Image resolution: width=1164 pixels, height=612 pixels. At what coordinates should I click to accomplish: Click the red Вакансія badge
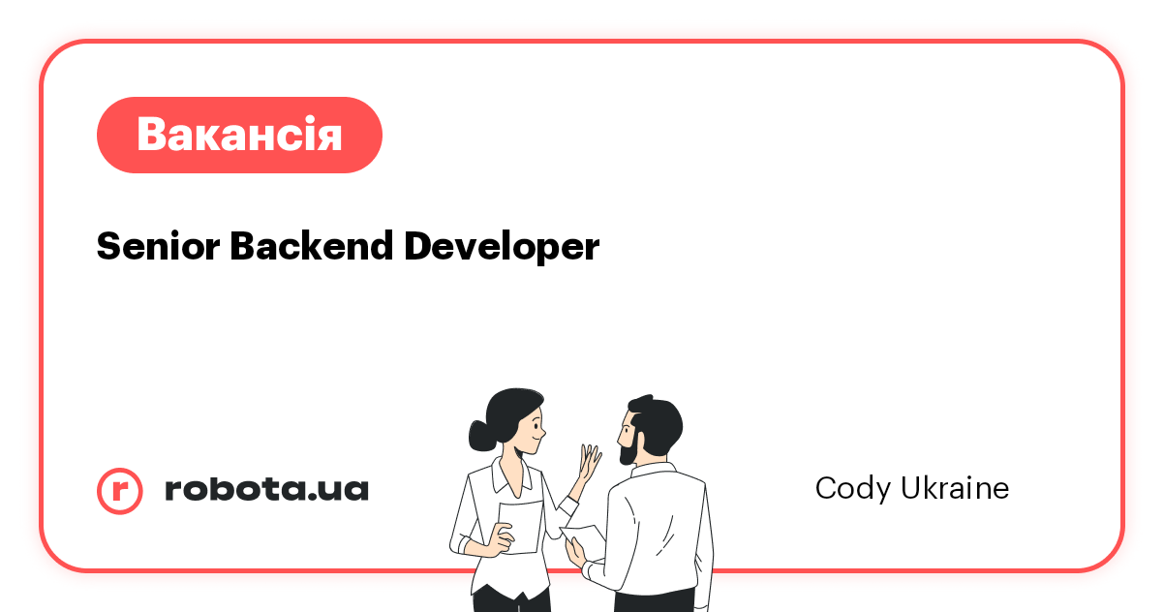pos(239,135)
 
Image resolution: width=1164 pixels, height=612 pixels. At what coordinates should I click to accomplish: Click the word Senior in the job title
pos(157,247)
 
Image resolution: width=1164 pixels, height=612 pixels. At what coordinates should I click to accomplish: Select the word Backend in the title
pos(310,247)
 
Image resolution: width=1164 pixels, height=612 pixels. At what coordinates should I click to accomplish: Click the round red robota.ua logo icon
pos(119,490)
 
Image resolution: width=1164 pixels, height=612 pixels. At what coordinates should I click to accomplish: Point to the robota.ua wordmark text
pos(266,489)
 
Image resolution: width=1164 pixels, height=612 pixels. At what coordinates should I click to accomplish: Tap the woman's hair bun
pos(480,435)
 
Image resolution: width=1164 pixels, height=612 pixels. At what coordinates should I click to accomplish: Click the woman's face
pos(529,432)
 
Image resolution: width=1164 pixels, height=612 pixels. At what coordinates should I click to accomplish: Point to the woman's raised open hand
pos(588,462)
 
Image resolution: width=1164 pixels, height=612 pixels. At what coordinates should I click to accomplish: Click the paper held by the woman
pos(520,527)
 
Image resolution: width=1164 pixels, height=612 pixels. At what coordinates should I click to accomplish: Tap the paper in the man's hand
pos(584,535)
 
